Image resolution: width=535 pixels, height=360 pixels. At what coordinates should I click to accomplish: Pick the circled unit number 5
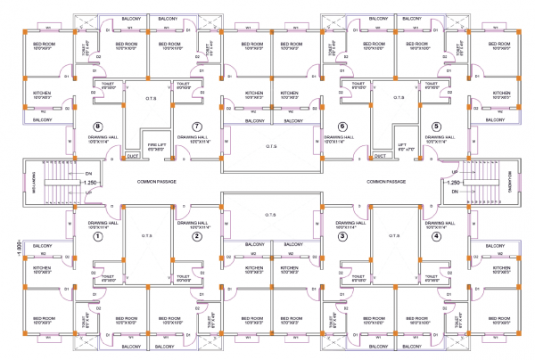click(x=436, y=126)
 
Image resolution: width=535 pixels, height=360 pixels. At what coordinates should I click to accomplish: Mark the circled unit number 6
click(x=342, y=126)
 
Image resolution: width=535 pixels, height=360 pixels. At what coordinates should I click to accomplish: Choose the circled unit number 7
click(x=198, y=126)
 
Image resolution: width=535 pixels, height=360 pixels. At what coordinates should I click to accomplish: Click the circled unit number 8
click(x=99, y=126)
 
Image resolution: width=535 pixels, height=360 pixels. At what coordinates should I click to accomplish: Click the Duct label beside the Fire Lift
click(x=134, y=156)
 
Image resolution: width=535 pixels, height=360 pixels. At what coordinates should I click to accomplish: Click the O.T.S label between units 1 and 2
click(x=148, y=236)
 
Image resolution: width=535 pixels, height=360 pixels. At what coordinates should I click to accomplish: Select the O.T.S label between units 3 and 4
click(x=390, y=236)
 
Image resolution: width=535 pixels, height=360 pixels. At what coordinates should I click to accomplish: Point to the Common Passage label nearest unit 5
click(x=386, y=181)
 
